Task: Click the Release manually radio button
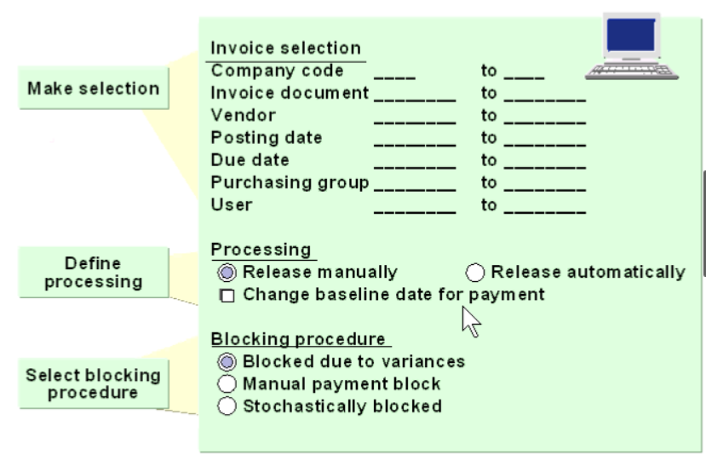tap(227, 273)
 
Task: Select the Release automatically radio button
tap(476, 273)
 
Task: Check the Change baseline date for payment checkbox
tap(227, 296)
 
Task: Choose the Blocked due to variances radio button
tap(227, 361)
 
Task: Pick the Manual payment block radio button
tap(227, 383)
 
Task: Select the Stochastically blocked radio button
tap(227, 406)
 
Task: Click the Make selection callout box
tap(93, 89)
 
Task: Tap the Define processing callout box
tap(93, 272)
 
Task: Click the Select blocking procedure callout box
tap(93, 383)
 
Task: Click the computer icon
tap(632, 48)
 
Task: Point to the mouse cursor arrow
tap(470, 323)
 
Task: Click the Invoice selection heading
tap(285, 49)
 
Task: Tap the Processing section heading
tap(261, 250)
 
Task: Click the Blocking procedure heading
tap(298, 339)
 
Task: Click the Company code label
tap(277, 71)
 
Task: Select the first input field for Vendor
tap(414, 116)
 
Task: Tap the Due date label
tap(250, 160)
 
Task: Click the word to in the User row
tap(489, 205)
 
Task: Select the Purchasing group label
tap(290, 182)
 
